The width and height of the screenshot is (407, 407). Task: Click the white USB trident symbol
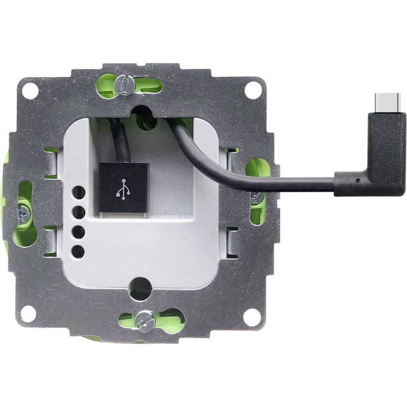pyautogui.click(x=123, y=188)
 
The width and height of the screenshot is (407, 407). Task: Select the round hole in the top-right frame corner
pyautogui.click(x=252, y=88)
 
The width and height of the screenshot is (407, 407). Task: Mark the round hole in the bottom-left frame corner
pyautogui.click(x=27, y=313)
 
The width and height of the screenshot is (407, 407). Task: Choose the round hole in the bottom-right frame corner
pyautogui.click(x=251, y=315)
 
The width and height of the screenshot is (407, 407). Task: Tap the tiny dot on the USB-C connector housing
pyautogui.click(x=357, y=180)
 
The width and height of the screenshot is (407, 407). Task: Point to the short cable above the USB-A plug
pyautogui.click(x=121, y=140)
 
